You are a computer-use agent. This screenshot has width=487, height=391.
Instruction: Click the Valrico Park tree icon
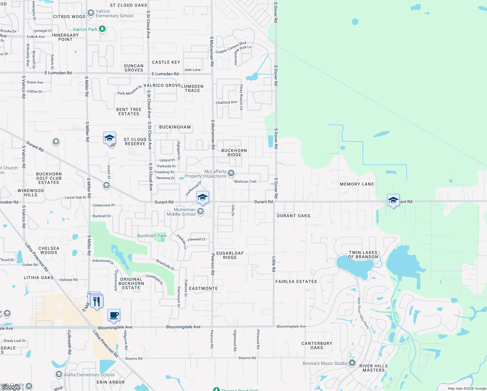(x=102, y=29)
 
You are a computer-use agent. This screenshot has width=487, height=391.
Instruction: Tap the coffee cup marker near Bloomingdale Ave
(x=114, y=315)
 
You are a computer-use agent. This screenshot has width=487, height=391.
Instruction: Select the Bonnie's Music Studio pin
(x=352, y=363)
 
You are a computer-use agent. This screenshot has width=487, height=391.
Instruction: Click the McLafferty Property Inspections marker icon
(x=231, y=173)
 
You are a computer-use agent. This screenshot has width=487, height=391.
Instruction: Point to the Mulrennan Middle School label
(x=181, y=212)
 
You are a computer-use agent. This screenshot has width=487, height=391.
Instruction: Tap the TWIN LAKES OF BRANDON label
(x=363, y=254)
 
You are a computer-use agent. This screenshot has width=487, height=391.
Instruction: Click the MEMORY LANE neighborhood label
(x=357, y=184)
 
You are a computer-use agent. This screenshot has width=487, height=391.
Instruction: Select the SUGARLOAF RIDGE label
(x=230, y=255)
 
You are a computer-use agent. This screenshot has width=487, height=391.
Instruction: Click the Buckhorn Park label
(x=152, y=236)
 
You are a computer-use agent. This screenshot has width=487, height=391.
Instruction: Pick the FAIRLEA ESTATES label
(x=296, y=282)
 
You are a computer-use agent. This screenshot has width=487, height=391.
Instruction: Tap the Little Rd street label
(x=274, y=264)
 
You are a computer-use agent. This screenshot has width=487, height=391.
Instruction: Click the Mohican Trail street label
(x=245, y=181)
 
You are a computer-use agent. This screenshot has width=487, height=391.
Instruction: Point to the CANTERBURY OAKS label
(x=317, y=345)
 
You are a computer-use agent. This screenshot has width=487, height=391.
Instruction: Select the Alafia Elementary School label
(x=89, y=375)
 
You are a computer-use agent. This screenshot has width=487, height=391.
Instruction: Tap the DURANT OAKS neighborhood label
(x=293, y=216)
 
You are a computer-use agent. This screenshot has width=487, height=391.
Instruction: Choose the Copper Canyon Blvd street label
(x=231, y=48)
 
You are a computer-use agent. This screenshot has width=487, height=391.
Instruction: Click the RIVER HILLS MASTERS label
(x=373, y=368)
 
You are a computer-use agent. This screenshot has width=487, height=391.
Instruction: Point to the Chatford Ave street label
(x=226, y=102)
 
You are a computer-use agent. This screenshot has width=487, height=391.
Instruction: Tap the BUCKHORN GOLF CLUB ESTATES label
(x=49, y=178)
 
